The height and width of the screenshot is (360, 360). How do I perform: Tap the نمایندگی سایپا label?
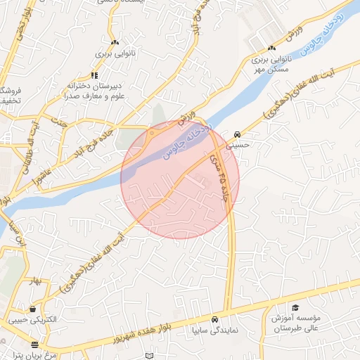point(217,330)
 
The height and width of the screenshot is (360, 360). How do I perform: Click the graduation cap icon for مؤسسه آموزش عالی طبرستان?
point(295,308)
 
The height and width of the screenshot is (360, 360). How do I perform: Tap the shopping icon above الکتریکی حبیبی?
point(32,309)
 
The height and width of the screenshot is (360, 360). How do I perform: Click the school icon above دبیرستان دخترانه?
point(94,75)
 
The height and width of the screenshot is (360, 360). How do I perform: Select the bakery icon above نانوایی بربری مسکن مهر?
point(271,49)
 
